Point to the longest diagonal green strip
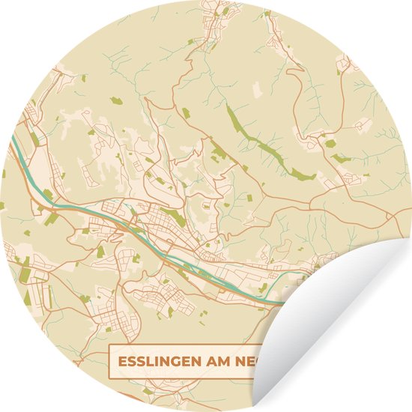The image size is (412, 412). [x=258, y=142]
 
